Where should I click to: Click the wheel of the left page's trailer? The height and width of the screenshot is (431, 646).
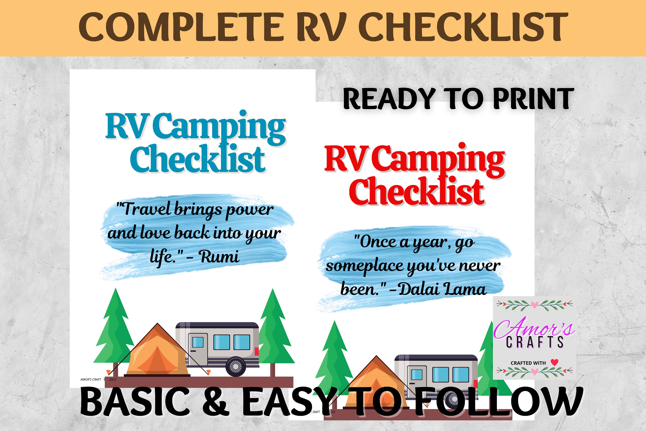[x=236, y=366]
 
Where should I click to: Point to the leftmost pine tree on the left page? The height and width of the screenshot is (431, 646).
[x=115, y=330]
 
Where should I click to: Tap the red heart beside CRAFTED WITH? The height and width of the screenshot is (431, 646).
[x=554, y=362]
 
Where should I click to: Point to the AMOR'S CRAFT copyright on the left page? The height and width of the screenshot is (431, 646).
[x=91, y=379]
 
